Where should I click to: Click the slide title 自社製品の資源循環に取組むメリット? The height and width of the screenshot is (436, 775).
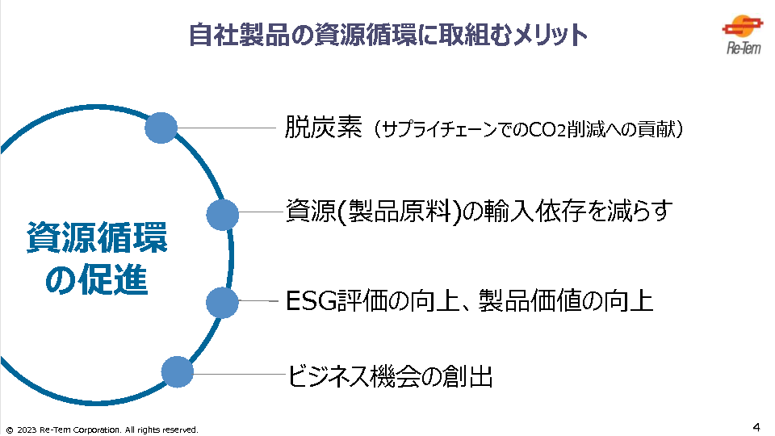387,35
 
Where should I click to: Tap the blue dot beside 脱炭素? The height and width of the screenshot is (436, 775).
161,128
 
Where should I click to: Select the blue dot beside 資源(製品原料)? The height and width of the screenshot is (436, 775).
223,215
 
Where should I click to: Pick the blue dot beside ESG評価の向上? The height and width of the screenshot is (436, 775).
223,302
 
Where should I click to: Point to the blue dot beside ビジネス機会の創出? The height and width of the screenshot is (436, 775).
178,372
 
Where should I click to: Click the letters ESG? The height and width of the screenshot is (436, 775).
311,302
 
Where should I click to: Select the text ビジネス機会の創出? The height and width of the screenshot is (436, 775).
390,376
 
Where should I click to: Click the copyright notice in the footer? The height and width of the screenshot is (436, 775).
101,430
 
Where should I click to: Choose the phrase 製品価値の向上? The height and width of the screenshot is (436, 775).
565,302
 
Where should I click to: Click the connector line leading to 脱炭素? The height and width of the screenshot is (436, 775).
226,128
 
